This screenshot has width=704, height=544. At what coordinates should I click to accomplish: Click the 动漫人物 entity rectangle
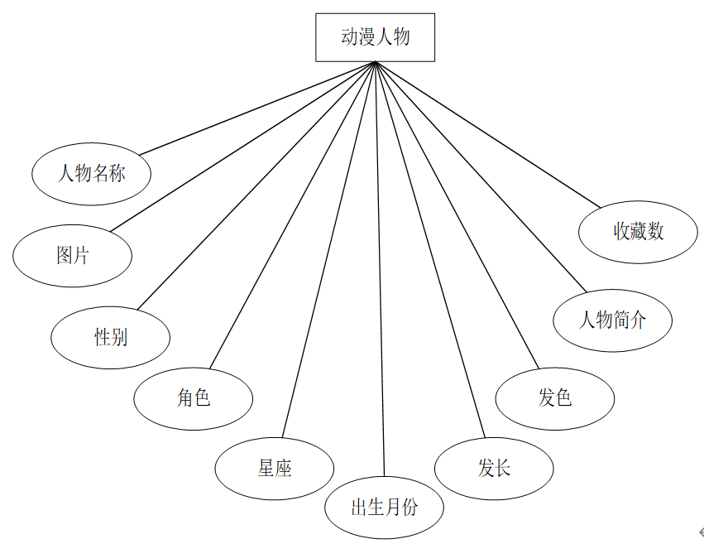pos(375,37)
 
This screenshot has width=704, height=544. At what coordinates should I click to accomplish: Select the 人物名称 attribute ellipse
pos(91,174)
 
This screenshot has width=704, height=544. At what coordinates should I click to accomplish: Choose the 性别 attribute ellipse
pos(111,337)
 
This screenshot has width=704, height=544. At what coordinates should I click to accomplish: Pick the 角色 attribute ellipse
pos(194,398)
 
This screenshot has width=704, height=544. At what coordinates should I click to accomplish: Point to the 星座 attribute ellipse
pos(275,469)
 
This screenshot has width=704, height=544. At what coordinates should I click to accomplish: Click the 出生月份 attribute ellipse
pos(384,507)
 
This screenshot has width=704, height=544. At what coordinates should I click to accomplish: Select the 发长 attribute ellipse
pos(494,469)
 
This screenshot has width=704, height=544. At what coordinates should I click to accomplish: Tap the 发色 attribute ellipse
pos(555,398)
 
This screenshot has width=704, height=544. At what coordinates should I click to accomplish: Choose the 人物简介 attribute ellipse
pos(612,320)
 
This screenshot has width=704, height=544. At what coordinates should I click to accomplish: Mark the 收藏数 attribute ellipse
pos(638,232)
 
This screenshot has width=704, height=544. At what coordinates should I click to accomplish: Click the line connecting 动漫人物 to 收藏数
pos(488,135)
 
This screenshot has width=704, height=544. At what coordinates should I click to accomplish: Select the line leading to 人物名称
pos(257,108)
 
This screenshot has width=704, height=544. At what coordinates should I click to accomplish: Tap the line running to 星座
pos(328,249)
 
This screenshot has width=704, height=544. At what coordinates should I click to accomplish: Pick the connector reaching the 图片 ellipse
pos(243,146)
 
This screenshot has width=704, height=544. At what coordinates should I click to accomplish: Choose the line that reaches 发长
pos(430,249)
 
